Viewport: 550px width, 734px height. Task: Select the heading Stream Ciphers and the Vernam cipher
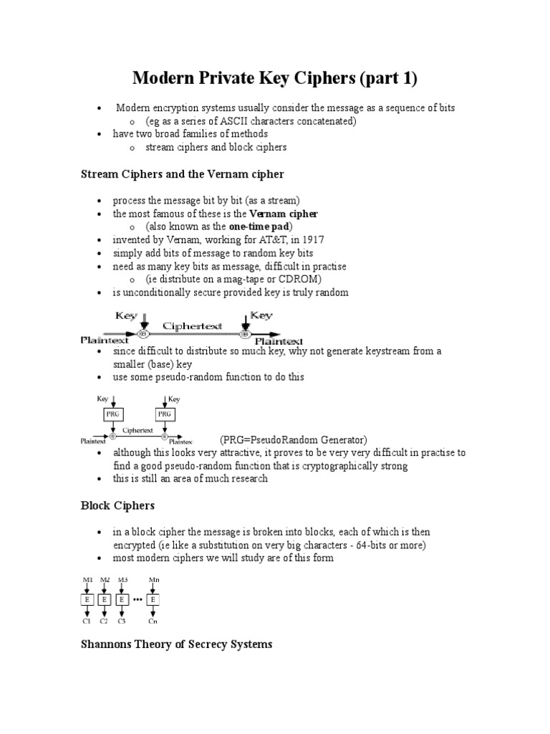pyautogui.click(x=182, y=173)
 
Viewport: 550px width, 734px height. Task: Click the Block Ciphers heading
pyautogui.click(x=117, y=505)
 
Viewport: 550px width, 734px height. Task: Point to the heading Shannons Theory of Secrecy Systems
pyautogui.click(x=175, y=644)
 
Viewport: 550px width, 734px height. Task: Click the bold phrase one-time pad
pyautogui.click(x=258, y=227)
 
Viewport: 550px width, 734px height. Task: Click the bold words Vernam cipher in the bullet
pyautogui.click(x=283, y=214)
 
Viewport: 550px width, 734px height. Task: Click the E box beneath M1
pyautogui.click(x=87, y=599)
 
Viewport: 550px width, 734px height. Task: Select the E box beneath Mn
pyautogui.click(x=153, y=599)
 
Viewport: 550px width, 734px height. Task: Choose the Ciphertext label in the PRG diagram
pyautogui.click(x=137, y=431)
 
